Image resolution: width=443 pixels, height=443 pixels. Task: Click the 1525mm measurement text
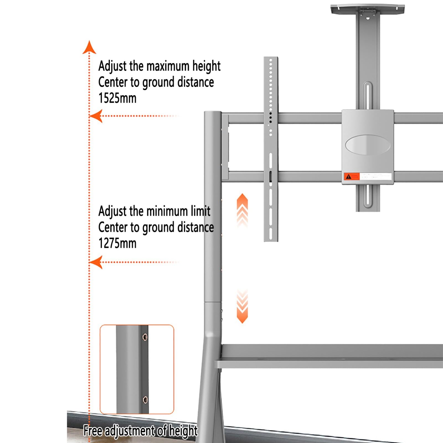tap(117, 98)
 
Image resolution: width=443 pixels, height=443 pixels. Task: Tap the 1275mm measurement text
tap(117, 243)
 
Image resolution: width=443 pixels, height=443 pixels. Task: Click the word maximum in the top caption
tap(168, 66)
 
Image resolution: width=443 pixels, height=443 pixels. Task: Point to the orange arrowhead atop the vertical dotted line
tap(89, 47)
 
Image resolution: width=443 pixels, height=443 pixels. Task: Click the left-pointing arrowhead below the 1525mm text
tap(96, 116)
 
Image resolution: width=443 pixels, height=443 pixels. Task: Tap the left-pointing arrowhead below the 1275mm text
tap(96, 262)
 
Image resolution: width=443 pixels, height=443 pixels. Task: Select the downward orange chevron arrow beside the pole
tap(242, 307)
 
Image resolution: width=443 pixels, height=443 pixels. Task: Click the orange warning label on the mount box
tap(351, 176)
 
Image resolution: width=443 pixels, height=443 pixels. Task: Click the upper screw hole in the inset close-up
tap(145, 337)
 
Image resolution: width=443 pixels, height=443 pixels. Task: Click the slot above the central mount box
tap(368, 96)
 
